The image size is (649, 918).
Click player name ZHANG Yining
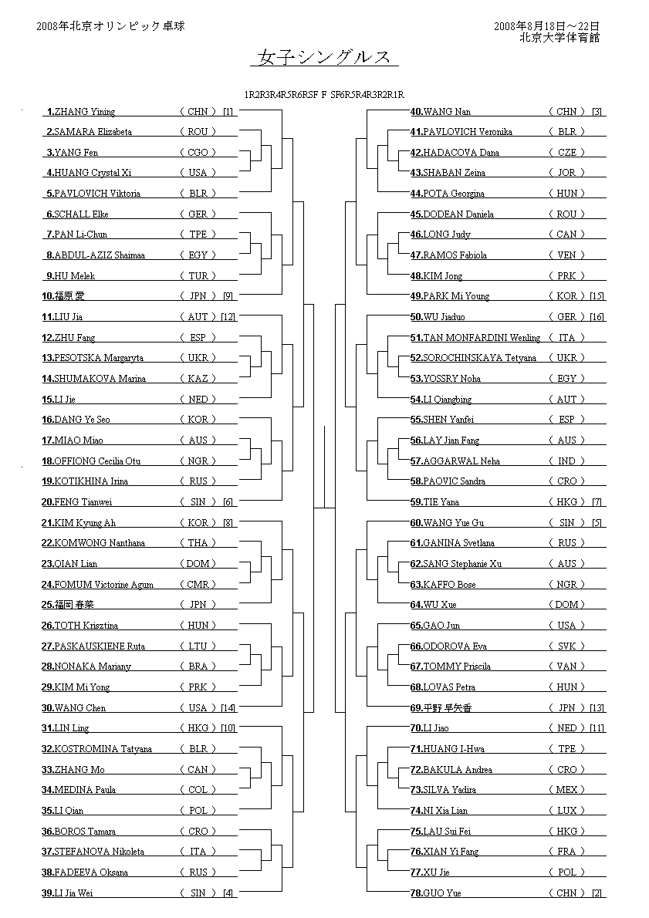coord(85,112)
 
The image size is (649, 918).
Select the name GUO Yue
coord(442,893)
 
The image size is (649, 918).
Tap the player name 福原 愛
coord(69,296)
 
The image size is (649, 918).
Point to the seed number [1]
coord(228,112)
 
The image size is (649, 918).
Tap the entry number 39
coord(48,893)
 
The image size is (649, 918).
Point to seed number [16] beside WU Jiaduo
coord(597,317)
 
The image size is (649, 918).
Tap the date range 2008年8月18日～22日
coord(546,26)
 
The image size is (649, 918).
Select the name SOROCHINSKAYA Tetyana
coord(479,358)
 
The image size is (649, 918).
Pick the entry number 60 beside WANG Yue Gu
coord(416,523)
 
